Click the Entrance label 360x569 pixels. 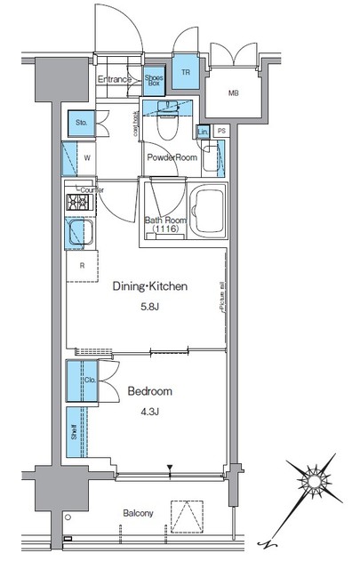[116, 79]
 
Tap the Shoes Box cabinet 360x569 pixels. [154, 79]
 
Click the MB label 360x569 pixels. [234, 93]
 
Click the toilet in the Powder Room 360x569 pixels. [166, 124]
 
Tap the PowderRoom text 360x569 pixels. [172, 157]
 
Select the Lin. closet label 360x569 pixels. [204, 132]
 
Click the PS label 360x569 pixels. [221, 132]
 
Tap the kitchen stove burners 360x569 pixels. [76, 204]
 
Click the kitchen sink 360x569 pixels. [76, 235]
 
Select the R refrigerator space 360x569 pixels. [82, 266]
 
